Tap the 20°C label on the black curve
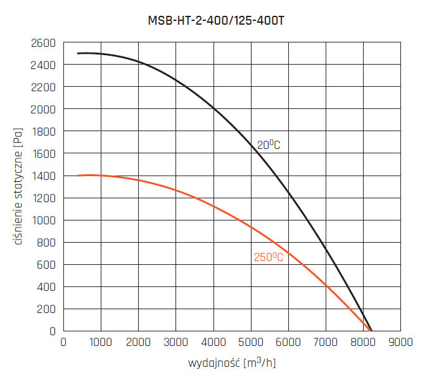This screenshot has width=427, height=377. (268, 145)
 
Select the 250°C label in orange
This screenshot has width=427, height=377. (268, 257)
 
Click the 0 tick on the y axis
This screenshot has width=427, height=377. (53, 331)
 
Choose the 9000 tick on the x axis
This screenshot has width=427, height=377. (400, 343)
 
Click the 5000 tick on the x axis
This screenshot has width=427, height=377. (251, 343)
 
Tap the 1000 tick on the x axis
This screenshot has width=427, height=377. (101, 343)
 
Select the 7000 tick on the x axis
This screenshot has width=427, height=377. (326, 343)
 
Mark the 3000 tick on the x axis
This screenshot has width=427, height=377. (175, 343)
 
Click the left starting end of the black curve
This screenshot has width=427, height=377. (78, 53)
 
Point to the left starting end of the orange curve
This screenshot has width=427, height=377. (78, 176)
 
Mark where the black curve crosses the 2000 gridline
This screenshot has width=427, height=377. (213, 109)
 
